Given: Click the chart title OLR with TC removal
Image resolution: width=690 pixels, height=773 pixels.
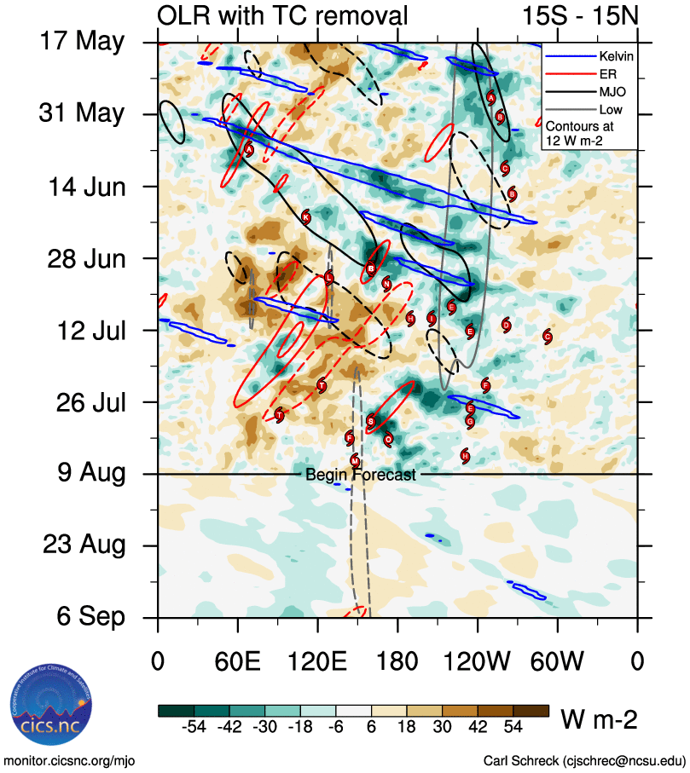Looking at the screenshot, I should point(282,15).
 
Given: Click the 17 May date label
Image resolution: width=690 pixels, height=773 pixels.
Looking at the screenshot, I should point(83,41).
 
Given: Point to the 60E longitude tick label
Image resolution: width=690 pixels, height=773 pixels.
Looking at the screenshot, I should point(237,661).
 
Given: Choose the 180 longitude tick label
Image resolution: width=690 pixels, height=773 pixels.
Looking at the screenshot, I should point(397,661).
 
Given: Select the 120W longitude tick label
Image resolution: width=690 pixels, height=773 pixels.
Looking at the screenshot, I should point(478,661).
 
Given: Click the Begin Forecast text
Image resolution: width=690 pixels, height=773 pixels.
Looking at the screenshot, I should point(361,475).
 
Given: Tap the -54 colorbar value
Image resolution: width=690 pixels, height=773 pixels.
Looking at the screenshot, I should point(195,728).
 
